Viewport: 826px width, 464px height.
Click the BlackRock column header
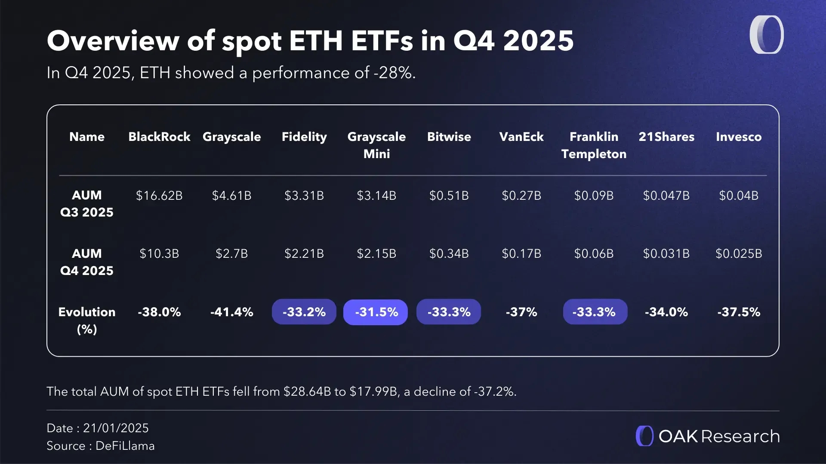coord(159,137)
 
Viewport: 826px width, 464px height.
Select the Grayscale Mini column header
coord(376,145)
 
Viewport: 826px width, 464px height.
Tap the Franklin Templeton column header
coord(594,145)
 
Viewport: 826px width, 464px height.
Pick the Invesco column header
coord(738,137)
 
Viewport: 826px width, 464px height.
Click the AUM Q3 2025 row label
coord(86,203)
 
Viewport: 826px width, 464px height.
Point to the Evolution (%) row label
coord(86,320)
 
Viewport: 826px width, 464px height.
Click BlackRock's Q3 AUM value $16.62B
coord(159,195)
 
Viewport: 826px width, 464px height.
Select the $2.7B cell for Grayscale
coord(231,253)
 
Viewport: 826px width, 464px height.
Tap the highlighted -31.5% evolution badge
coord(376,312)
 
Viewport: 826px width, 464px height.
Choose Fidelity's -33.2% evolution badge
coord(304,312)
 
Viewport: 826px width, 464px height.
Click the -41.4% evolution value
coord(231,312)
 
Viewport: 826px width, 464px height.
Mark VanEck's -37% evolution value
coord(521,312)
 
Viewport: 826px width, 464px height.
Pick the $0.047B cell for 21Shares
coord(666,195)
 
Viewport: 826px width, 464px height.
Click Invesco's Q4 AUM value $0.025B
coord(738,253)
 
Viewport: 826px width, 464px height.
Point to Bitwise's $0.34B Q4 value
coord(449,253)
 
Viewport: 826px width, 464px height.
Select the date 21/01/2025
coord(116,428)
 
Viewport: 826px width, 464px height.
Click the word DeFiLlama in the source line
coord(125,446)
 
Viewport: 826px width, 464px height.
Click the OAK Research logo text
coord(718,436)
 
